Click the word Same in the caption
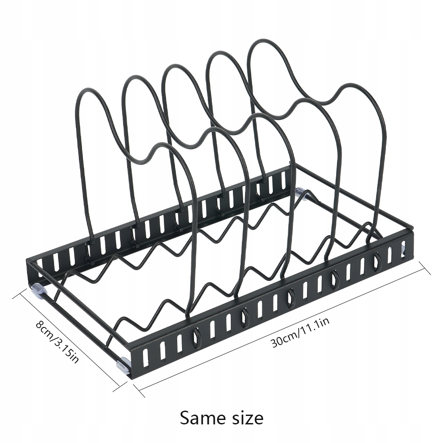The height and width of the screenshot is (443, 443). pos(201,417)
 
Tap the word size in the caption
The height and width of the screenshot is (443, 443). pos(244,417)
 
